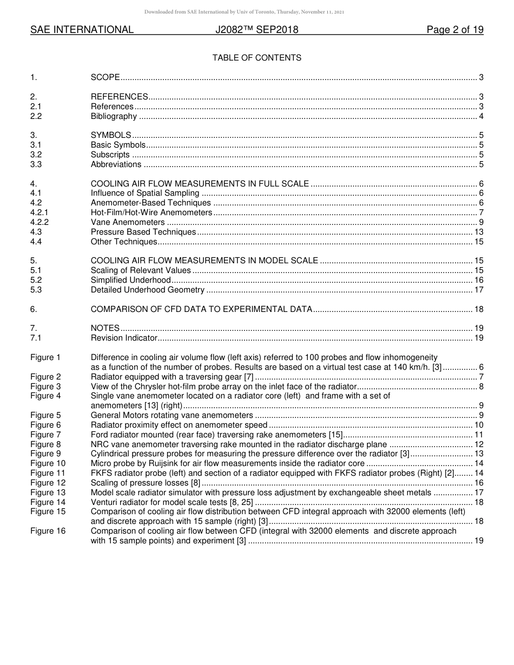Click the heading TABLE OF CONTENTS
tap(256, 58)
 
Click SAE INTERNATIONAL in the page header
tap(82, 30)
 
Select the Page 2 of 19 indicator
tap(454, 30)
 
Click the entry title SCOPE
tap(105, 78)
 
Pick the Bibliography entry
tap(114, 116)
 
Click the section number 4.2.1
tap(39, 212)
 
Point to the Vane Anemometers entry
tap(128, 222)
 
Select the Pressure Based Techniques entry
tap(143, 232)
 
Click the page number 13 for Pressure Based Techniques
tap(478, 232)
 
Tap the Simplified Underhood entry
tap(130, 280)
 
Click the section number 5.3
tap(36, 290)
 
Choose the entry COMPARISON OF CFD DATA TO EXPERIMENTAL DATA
tap(201, 309)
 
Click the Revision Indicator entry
tap(124, 338)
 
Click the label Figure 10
tap(48, 463)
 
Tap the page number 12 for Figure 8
tap(478, 444)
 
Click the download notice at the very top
tap(244, 12)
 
